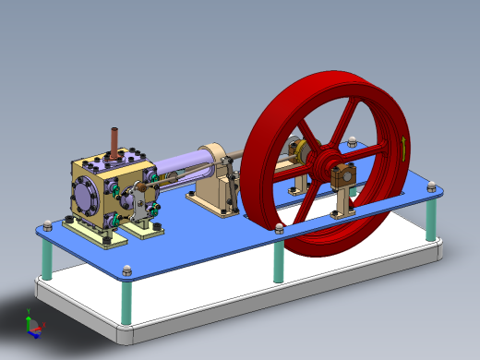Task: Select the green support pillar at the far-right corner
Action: pyautogui.click(x=429, y=218)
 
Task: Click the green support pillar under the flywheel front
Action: pyautogui.click(x=279, y=263)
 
